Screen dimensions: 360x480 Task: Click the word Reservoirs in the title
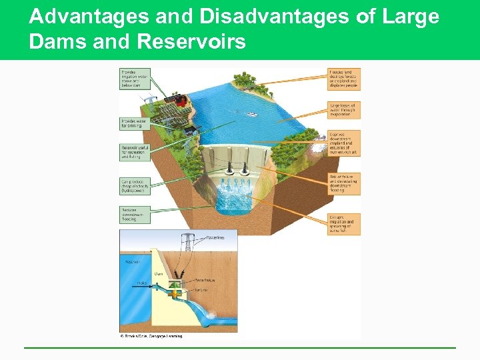(x=191, y=42)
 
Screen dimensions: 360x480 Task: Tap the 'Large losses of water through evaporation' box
(x=344, y=109)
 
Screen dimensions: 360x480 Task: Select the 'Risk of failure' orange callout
(x=344, y=183)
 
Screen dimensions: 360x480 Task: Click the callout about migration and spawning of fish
(x=344, y=223)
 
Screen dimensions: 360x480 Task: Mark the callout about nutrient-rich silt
(x=344, y=143)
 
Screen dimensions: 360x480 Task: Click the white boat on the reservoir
(x=252, y=114)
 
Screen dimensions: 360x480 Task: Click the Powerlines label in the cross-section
(x=215, y=237)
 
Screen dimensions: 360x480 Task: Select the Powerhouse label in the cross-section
(x=204, y=280)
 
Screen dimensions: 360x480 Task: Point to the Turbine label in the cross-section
(x=201, y=289)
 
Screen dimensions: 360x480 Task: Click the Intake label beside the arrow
(x=142, y=283)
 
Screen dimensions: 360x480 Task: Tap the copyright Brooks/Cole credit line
(x=151, y=335)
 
